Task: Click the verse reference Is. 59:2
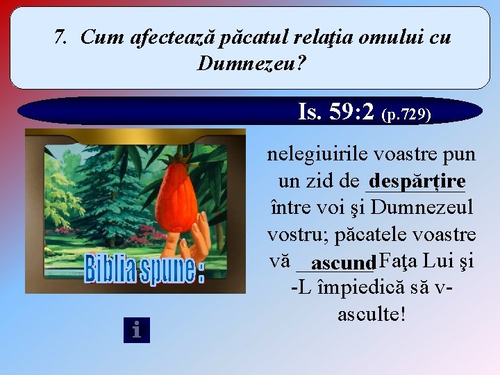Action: click(336, 110)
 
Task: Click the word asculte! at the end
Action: click(372, 314)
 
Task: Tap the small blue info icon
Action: click(136, 330)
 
